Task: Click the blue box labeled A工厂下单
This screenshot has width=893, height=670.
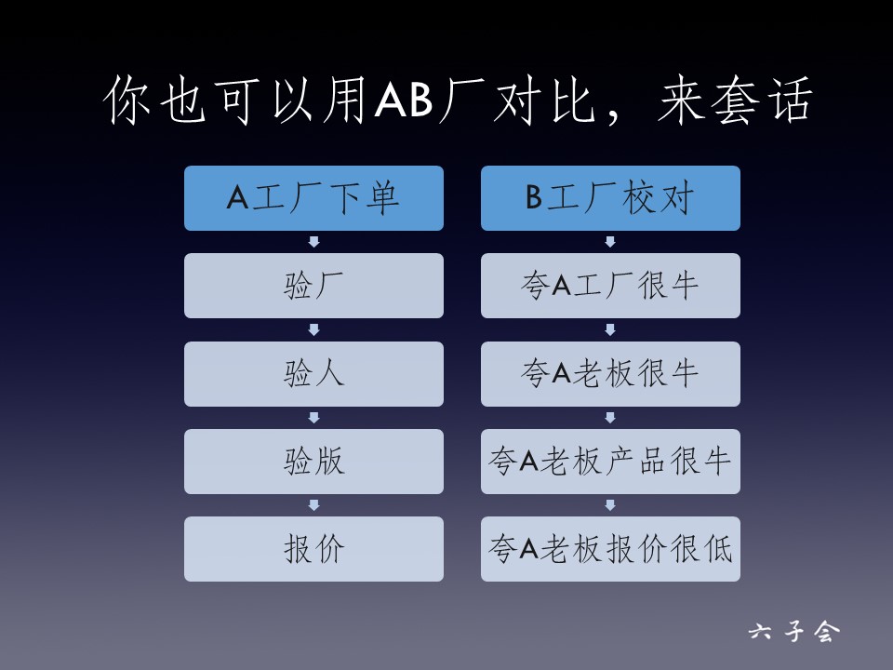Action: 313,198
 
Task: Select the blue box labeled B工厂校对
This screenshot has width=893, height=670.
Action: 610,198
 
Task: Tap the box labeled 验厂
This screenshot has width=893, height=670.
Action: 313,286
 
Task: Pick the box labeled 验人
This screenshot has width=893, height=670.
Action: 313,374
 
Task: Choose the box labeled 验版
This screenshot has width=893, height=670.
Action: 313,462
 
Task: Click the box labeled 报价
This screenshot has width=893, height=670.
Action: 313,549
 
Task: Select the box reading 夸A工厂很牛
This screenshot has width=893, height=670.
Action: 610,286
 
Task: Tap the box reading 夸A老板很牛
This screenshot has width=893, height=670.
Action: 610,374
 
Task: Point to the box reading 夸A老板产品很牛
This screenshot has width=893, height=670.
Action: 610,462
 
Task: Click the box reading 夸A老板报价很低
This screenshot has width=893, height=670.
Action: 610,549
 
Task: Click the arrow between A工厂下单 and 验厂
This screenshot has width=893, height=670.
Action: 313,242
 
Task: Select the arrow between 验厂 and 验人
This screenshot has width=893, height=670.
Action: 313,329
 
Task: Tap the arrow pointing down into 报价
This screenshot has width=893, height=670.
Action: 313,505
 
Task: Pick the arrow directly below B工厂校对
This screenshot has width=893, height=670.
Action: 610,242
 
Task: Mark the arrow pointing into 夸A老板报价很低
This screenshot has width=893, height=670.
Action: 610,505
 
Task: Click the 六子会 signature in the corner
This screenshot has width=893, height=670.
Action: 794,632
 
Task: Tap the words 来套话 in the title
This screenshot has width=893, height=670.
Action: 735,100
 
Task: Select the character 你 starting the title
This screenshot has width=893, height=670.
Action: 127,100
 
